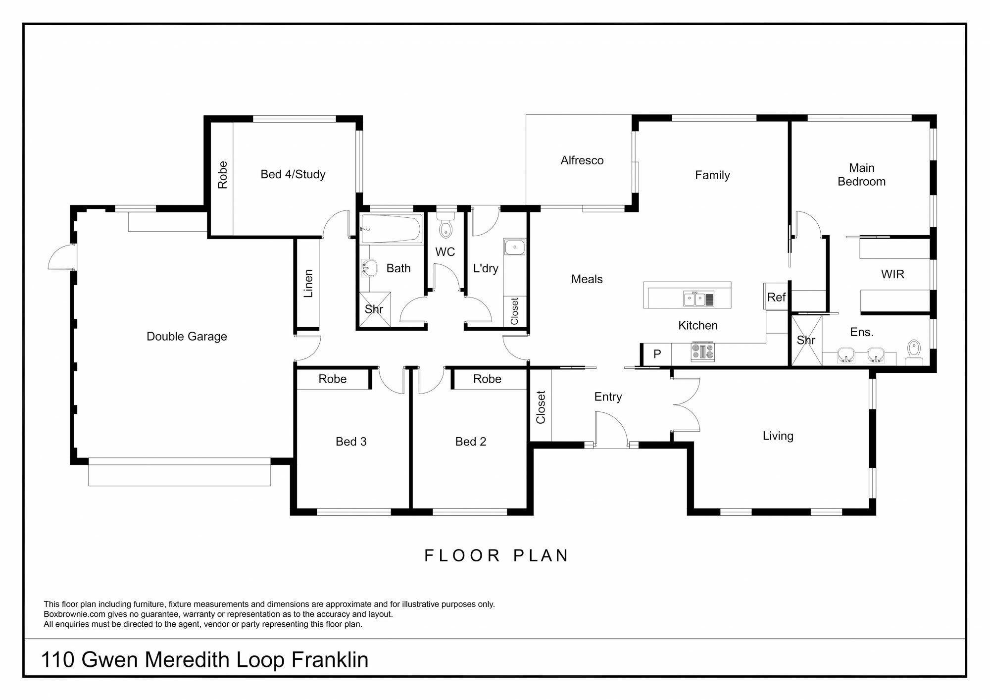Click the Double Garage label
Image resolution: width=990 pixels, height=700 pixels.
point(187,337)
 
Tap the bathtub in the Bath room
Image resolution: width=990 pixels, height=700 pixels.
point(391,229)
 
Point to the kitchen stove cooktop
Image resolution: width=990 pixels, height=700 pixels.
point(703,351)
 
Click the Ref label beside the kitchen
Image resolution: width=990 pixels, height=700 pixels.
point(776,297)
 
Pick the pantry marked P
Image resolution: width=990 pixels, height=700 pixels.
point(657,354)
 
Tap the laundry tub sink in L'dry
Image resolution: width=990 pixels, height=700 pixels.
point(515,247)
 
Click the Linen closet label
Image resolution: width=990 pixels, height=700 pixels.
point(308,283)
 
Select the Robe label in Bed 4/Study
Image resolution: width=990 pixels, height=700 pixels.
point(222,175)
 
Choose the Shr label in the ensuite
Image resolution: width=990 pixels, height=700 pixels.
point(806,340)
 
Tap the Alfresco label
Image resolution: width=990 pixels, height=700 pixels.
point(582,160)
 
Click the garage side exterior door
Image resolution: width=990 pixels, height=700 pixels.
point(62,256)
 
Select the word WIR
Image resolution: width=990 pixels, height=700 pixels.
point(892,274)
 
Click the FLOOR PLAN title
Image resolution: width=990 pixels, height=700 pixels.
point(496,555)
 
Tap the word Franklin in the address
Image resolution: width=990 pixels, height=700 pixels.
point(330,660)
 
